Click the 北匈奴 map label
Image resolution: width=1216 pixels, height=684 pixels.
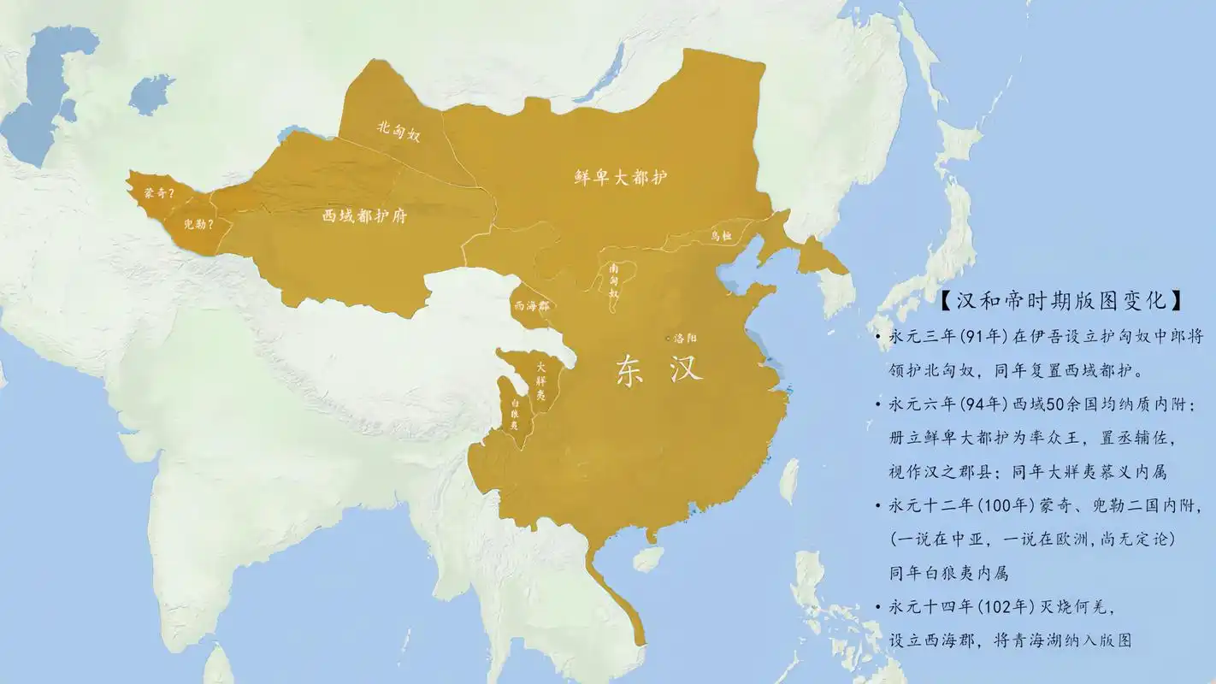[399, 131]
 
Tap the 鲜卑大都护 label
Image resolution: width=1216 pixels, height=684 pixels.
[621, 178]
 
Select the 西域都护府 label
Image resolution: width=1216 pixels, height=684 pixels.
[364, 216]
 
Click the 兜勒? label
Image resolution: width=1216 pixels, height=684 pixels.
[198, 226]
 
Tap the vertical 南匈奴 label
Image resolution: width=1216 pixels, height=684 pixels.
[614, 285]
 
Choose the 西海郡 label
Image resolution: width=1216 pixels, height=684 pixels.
[531, 305]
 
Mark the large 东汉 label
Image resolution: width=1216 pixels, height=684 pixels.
[659, 369]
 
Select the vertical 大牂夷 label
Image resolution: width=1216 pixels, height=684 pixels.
[540, 380]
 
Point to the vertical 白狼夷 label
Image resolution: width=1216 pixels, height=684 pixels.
[514, 413]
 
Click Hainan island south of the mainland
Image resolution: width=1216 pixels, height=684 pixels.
[648, 559]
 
